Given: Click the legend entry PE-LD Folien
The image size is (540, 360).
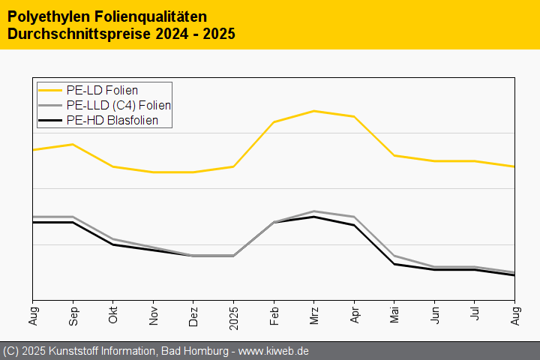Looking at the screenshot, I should tap(101, 91).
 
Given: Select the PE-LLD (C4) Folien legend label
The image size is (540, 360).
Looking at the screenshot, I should tap(118, 105).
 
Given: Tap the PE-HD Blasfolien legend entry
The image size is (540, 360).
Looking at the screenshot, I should tap(112, 120).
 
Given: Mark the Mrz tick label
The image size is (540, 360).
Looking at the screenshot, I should tap(314, 315).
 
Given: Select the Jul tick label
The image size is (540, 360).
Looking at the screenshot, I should tap(475, 313).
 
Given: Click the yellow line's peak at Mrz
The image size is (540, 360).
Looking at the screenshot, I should tap(313, 111).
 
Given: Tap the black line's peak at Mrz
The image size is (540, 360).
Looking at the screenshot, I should tap(313, 217).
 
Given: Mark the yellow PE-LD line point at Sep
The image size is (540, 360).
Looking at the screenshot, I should tap(73, 144).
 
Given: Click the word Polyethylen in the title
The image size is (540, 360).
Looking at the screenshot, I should tap(45, 16).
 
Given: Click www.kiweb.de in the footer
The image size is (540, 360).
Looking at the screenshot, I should tap(274, 351).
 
